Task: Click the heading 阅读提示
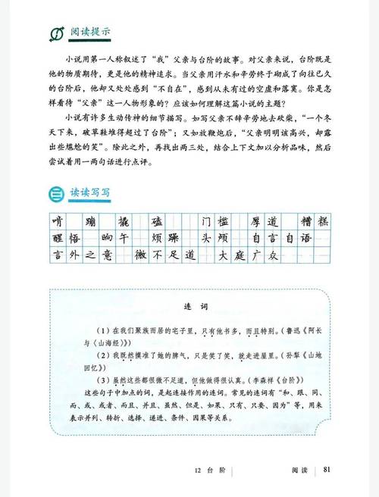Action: (90, 33)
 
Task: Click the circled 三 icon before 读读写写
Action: (55, 193)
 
